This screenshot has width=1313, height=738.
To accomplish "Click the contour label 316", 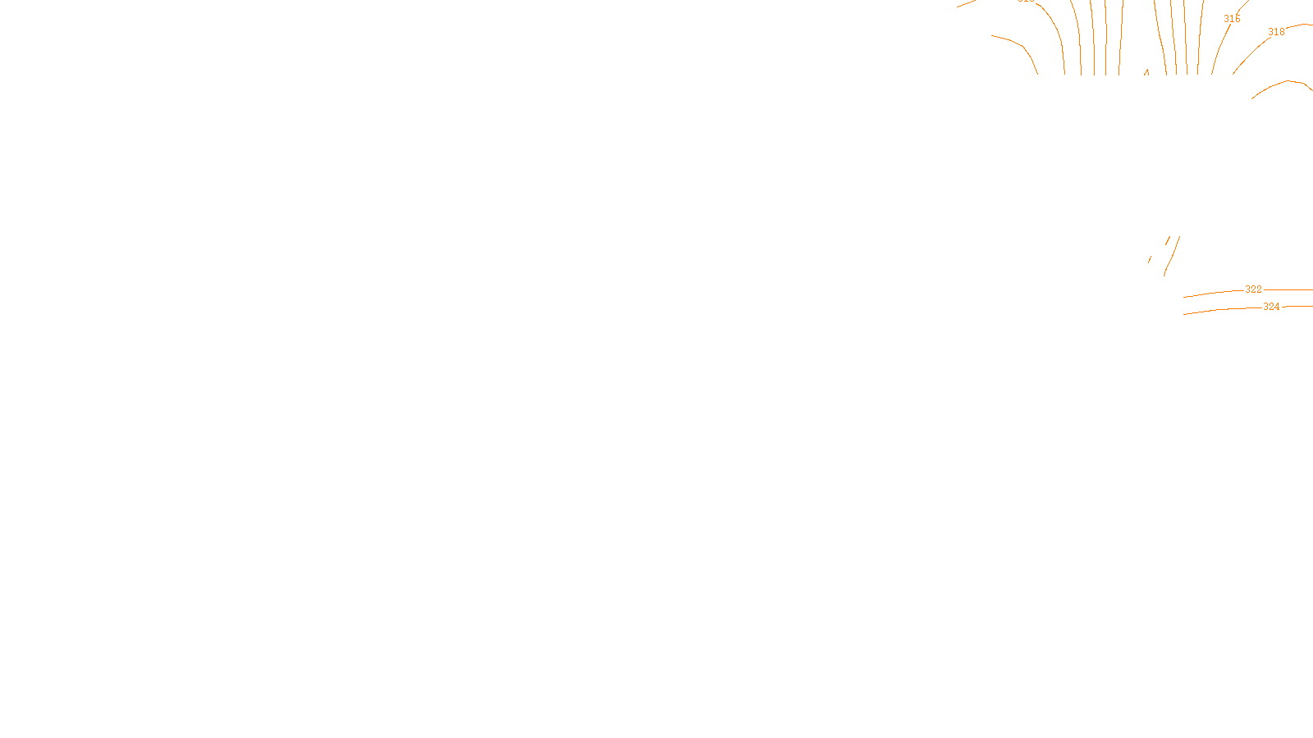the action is point(1232,19).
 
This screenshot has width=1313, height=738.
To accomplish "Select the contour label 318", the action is point(1276,32).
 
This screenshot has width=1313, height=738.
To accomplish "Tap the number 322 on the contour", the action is point(1253,289).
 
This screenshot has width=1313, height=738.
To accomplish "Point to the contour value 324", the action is point(1271,307).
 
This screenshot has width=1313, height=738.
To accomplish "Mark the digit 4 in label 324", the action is point(1277,307).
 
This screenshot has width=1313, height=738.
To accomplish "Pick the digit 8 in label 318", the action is point(1282,32).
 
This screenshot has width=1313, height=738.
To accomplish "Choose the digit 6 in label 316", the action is point(1238,19).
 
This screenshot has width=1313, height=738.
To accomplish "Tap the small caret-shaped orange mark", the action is point(1146,72).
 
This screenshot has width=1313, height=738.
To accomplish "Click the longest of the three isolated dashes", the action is point(1171,256).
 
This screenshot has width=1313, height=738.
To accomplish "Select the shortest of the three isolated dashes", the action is point(1150,259).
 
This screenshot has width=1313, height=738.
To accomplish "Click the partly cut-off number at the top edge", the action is point(1026,2).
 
